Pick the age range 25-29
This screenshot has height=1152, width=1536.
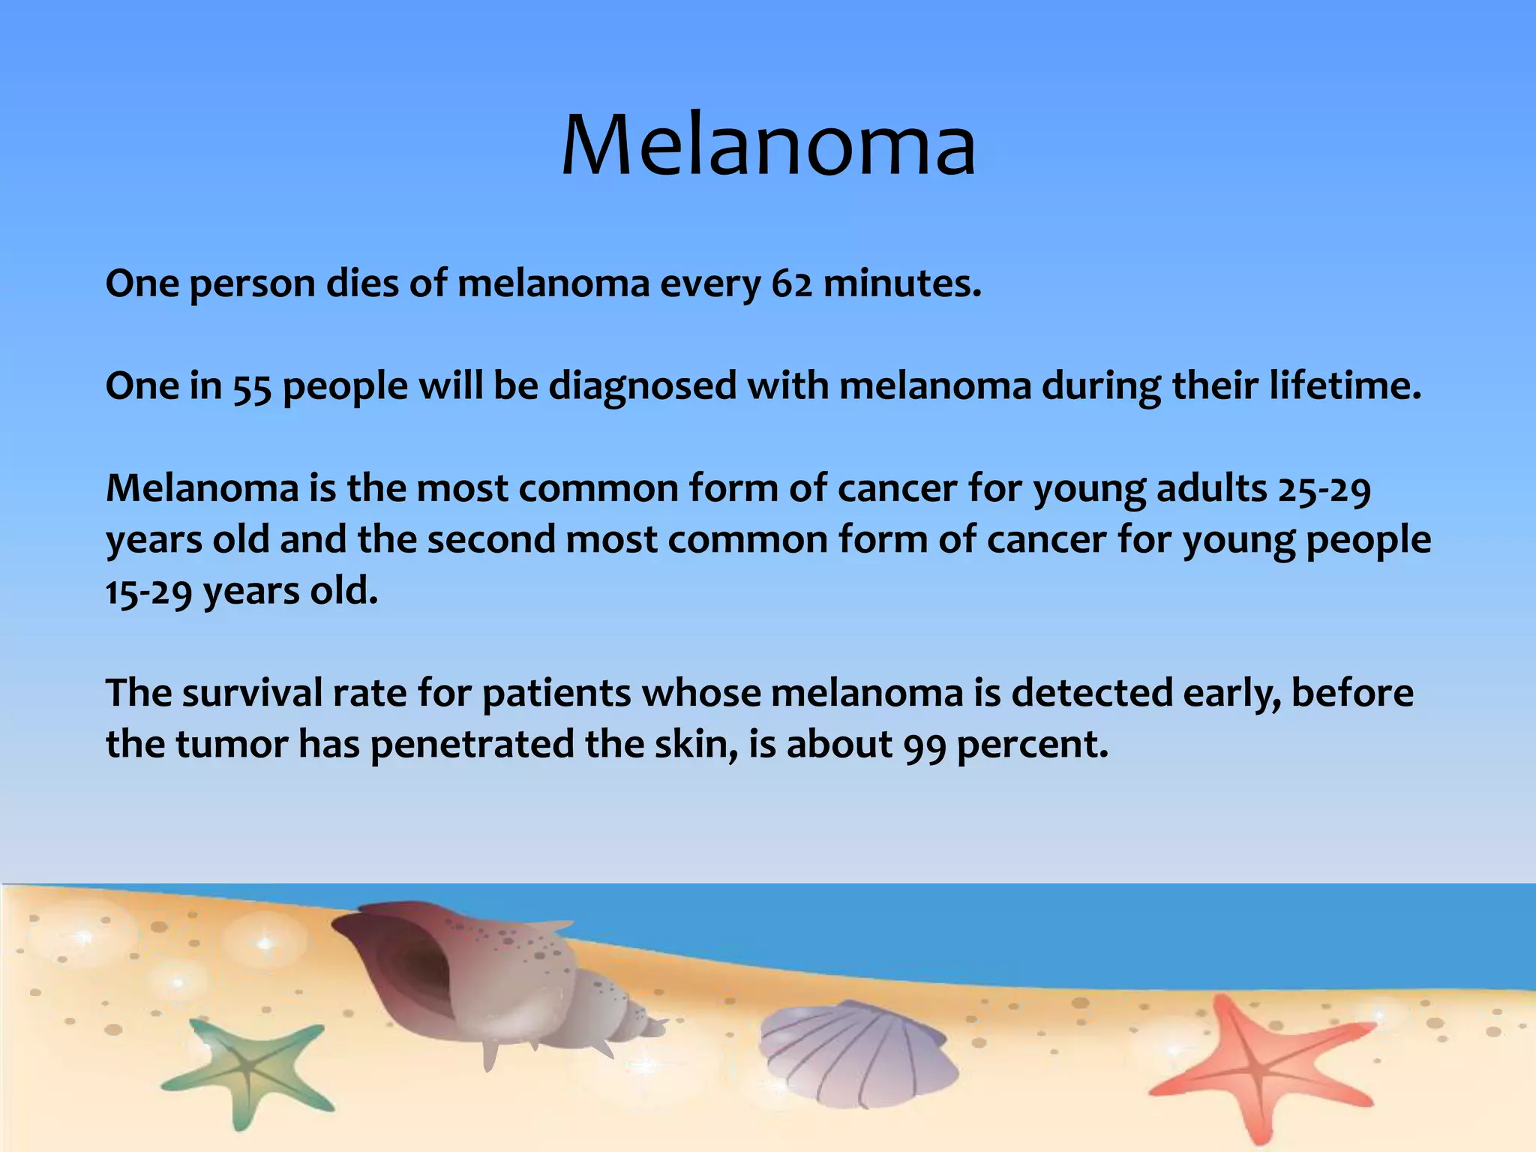1324,490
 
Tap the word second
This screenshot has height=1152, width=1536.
491,540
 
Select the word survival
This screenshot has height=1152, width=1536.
252,693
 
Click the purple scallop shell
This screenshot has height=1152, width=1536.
855,1054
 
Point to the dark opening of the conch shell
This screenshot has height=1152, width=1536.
420,964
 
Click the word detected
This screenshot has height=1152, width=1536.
1092,693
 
